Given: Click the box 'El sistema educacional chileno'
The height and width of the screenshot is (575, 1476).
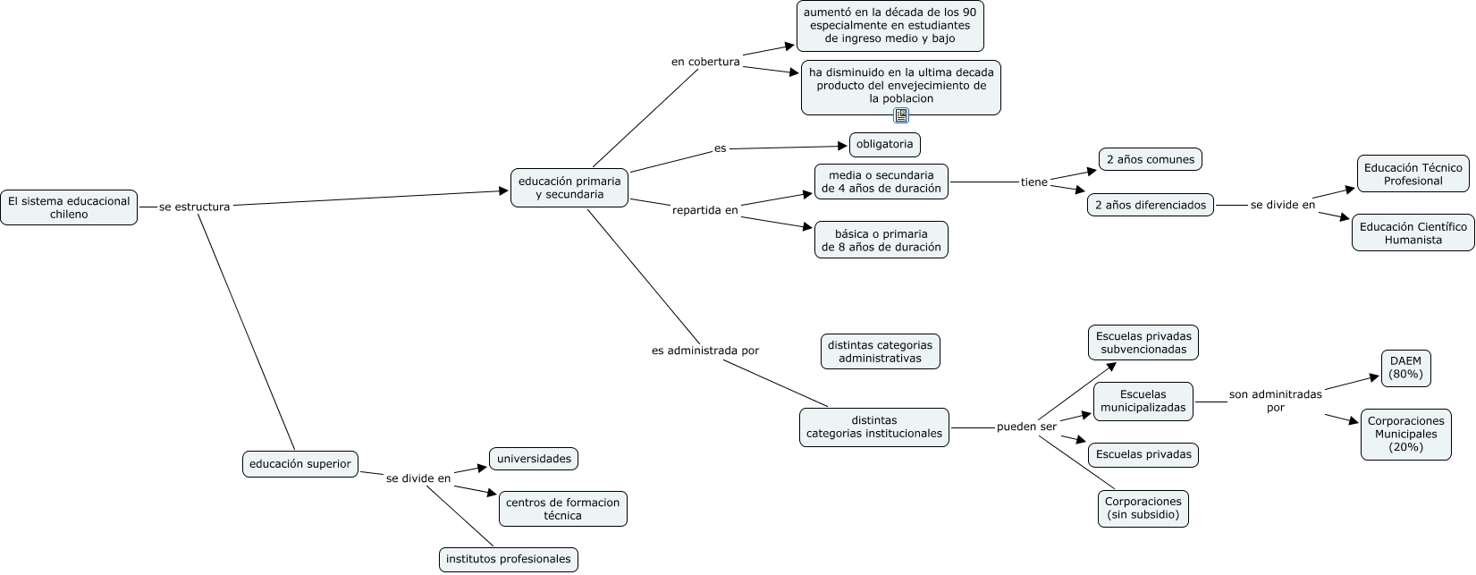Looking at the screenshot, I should coord(69,207).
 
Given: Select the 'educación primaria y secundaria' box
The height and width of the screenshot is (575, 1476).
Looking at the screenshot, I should coord(569,188).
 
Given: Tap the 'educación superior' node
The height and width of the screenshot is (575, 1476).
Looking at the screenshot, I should coord(300,464).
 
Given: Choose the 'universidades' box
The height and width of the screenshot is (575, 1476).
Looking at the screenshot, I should coord(534,459).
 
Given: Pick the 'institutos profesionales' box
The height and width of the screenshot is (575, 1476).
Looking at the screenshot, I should coord(509,560).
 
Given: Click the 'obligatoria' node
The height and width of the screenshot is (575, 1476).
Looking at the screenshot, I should coord(884,144).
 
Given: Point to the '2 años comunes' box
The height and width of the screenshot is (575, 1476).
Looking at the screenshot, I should coord(1150,159).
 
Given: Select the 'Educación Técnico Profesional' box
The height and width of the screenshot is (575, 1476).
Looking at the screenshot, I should coord(1413,173).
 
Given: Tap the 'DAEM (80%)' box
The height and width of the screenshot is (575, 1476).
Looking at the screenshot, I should coord(1405,368).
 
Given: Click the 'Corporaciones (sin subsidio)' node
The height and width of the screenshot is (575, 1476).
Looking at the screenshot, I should coord(1143,508).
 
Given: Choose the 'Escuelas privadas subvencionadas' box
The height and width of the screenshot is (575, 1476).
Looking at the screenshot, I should coord(1143,342).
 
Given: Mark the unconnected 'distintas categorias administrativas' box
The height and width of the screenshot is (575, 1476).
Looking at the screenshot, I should coord(880,351).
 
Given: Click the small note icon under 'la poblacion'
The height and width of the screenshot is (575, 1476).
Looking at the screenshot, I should coord(901,115).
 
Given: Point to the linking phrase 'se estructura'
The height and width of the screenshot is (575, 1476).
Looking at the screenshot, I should coord(194,207).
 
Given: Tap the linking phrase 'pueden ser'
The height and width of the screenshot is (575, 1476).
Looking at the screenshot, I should coord(1026,427).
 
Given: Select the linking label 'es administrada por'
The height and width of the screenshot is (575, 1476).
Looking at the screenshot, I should coord(705,351).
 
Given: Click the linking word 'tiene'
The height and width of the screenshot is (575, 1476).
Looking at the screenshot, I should coord(1033,182).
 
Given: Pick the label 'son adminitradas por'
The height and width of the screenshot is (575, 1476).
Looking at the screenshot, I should coord(1275,401).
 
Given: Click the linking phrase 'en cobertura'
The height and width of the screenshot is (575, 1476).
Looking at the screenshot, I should coord(705,62).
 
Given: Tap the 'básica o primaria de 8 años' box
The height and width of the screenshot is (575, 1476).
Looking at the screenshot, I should coord(881,240).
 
